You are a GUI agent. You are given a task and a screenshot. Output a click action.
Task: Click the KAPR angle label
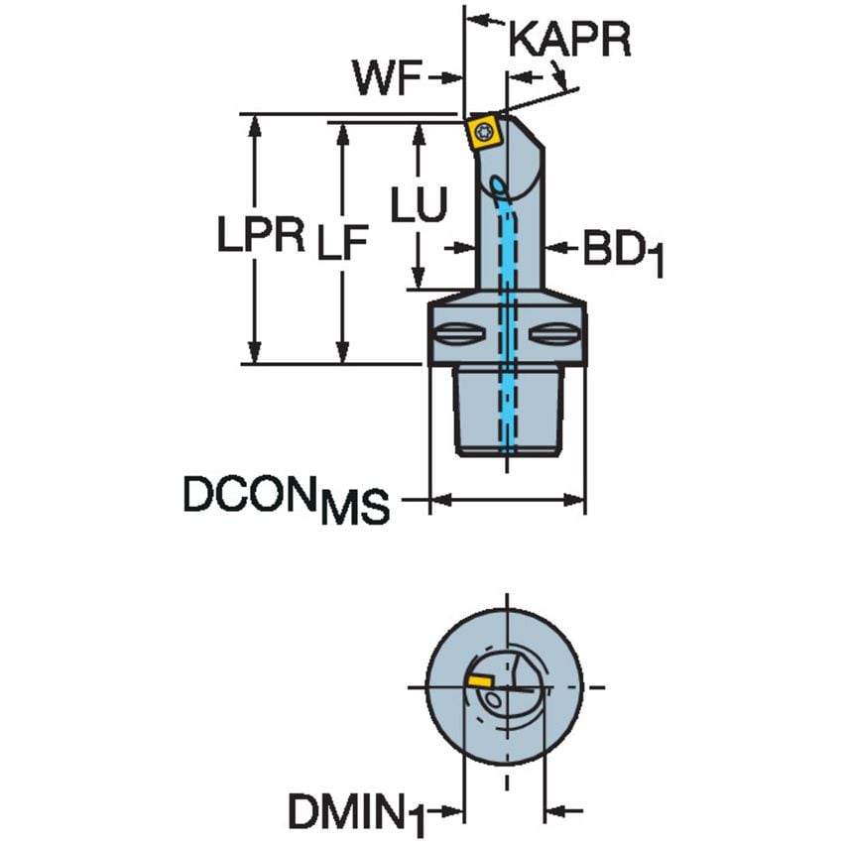[x=569, y=41]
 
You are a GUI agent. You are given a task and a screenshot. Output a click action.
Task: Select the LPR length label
[x=262, y=236]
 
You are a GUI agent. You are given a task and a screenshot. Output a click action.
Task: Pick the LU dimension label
[x=418, y=205]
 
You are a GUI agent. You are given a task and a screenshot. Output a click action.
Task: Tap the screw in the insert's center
[x=485, y=130]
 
